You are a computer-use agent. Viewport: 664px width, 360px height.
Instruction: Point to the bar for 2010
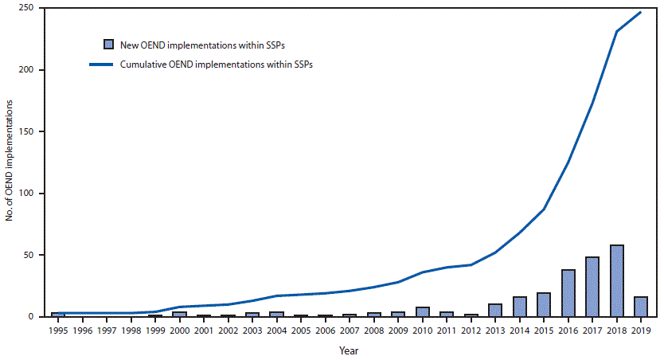[x=422, y=311]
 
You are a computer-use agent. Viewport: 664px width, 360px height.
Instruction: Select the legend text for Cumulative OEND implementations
[x=215, y=65]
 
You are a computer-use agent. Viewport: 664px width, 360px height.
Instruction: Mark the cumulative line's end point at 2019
[x=640, y=12]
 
